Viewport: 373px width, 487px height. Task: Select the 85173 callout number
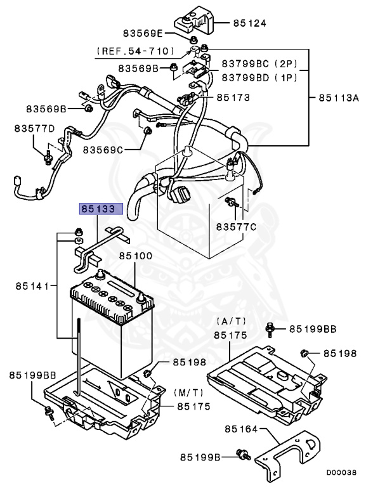click(x=233, y=97)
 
